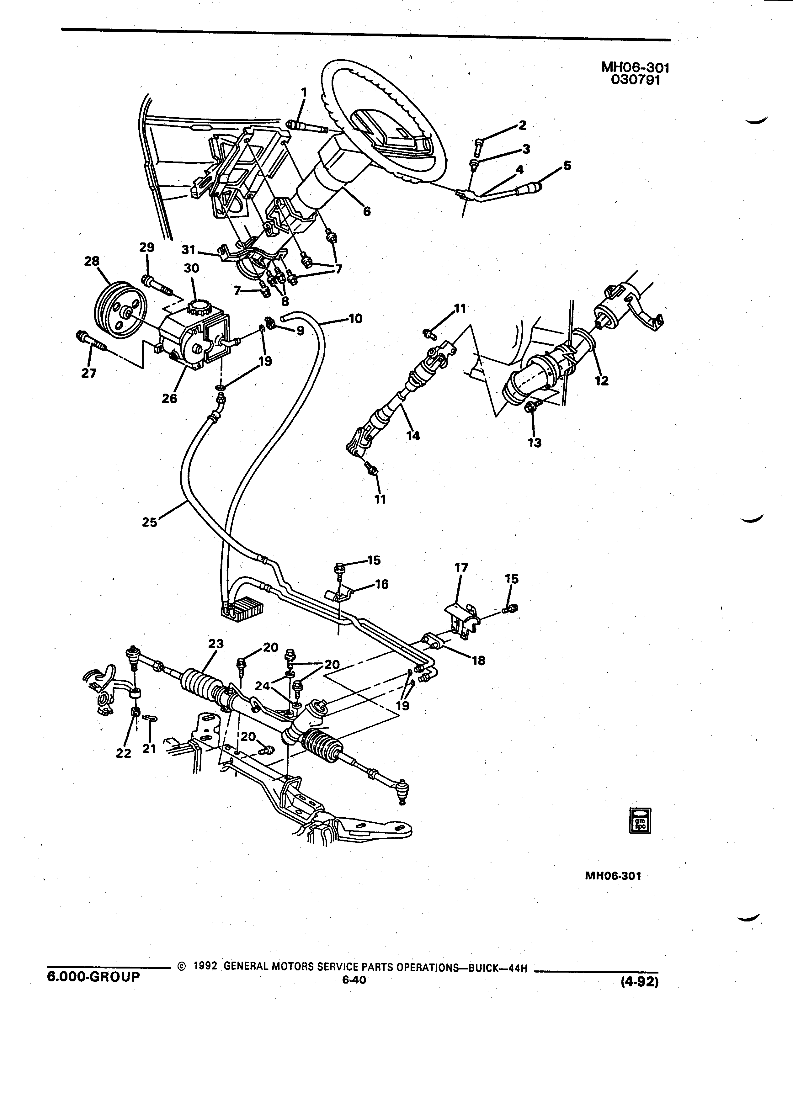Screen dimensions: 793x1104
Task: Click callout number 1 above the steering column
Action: point(304,92)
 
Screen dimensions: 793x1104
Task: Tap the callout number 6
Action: point(367,211)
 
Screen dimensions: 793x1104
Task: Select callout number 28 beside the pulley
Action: point(92,261)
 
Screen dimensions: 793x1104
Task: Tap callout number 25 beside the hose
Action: point(150,522)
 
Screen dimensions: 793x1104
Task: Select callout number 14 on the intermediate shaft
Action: point(413,436)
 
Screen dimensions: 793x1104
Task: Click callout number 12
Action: point(602,381)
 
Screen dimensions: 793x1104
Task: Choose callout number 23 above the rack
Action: point(216,644)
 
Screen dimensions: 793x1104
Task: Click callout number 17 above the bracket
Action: point(461,568)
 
